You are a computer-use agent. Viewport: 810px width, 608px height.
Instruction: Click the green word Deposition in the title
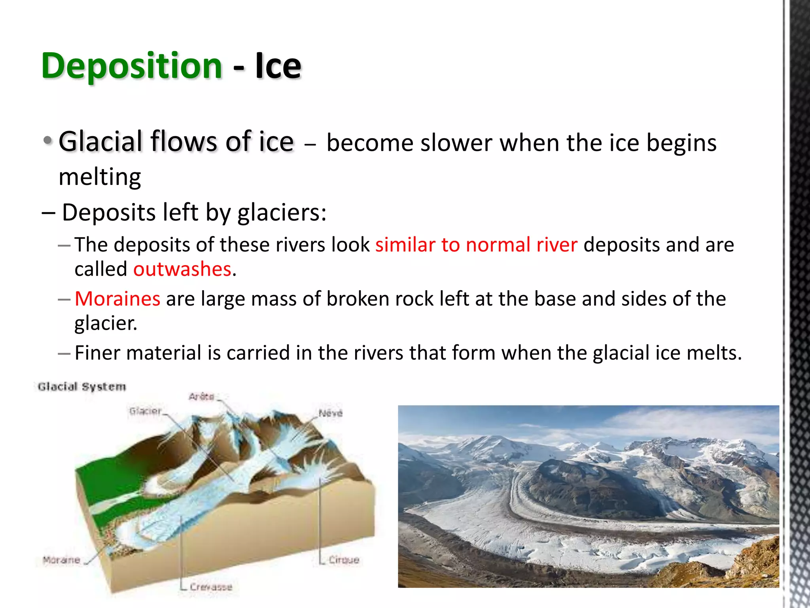coord(131,66)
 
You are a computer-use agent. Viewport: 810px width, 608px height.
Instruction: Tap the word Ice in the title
coord(278,66)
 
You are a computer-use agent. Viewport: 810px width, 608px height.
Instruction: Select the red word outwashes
coord(182,270)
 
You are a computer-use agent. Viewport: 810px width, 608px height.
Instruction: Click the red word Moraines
coord(117,299)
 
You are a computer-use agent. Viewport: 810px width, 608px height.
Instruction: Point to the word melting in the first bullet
coord(100,177)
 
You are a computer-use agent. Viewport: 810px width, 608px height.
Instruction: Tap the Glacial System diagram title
coord(82,387)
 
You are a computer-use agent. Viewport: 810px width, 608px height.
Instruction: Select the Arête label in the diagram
coord(201,397)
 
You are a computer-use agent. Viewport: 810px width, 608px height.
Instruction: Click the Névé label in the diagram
coord(330,413)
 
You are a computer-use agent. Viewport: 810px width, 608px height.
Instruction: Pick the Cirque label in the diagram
coord(344,560)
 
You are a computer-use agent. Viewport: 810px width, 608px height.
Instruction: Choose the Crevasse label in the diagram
coord(211,587)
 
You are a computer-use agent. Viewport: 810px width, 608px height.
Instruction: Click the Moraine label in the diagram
coord(62,560)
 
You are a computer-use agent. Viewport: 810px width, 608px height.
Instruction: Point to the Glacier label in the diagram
coord(146,411)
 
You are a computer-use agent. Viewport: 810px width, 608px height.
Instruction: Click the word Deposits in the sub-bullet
coord(109,213)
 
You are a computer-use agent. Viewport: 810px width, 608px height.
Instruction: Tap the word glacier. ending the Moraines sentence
coord(106,323)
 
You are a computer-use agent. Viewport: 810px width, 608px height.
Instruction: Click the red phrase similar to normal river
coord(476,245)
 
